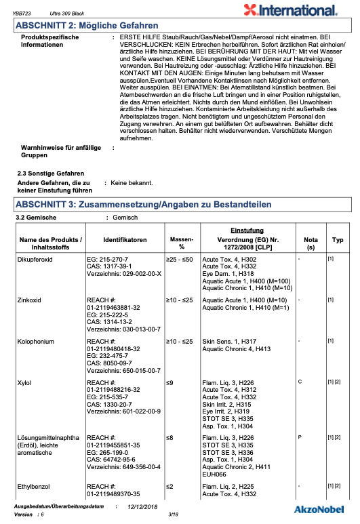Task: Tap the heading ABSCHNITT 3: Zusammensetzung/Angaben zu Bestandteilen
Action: [143, 204]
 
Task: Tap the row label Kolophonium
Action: [37, 342]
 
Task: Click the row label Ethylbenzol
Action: [35, 486]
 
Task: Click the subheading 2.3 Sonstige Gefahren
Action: [50, 174]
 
